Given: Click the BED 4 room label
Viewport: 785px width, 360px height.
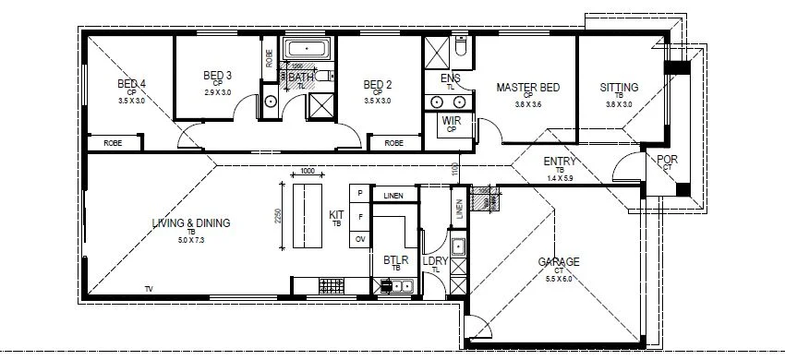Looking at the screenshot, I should pyautogui.click(x=132, y=85).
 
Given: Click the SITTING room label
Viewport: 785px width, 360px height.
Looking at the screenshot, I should pyautogui.click(x=619, y=89).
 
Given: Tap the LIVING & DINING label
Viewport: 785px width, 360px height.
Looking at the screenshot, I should pyautogui.click(x=191, y=222).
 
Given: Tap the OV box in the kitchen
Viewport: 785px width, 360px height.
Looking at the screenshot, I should pyautogui.click(x=358, y=239).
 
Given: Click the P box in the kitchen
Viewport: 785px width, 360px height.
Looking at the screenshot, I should pyautogui.click(x=358, y=193).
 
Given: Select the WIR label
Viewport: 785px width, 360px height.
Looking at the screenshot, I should pyautogui.click(x=452, y=121).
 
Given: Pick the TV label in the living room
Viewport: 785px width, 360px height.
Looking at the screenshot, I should pyautogui.click(x=148, y=290).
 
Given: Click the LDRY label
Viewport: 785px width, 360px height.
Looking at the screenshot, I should pyautogui.click(x=435, y=262).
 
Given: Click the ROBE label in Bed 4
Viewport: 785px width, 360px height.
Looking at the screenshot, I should pyautogui.click(x=114, y=143).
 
